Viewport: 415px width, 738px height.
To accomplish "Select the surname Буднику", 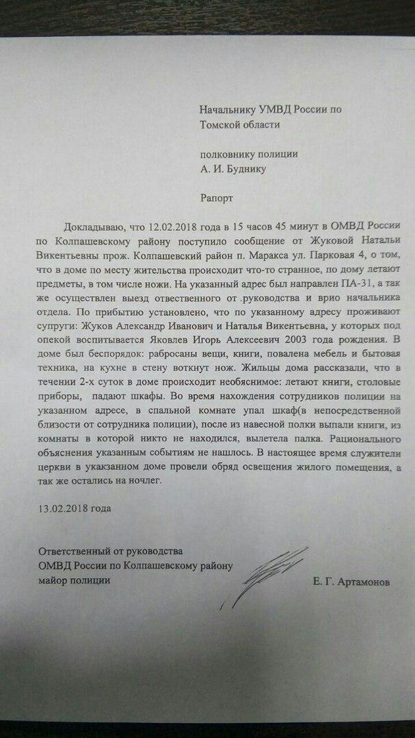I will point(246,169).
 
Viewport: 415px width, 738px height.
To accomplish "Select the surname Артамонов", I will point(369,580).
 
